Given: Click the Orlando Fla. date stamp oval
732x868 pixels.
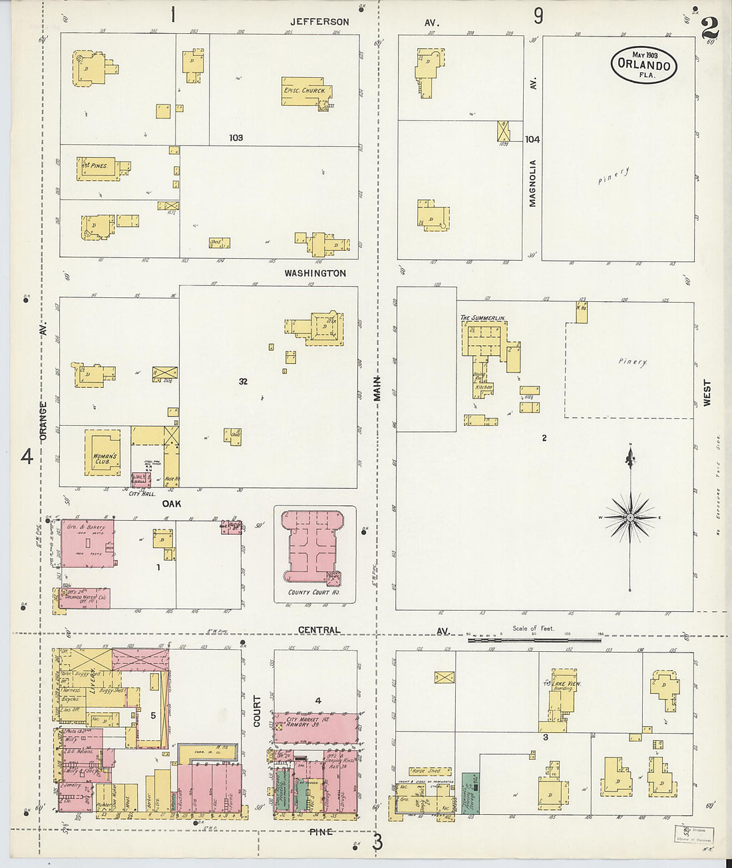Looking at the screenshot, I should pyautogui.click(x=643, y=65).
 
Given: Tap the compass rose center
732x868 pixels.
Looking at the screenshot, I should pyautogui.click(x=630, y=517).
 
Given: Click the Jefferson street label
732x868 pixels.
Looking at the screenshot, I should pyautogui.click(x=319, y=22).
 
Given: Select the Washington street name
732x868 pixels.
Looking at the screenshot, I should pyautogui.click(x=315, y=273).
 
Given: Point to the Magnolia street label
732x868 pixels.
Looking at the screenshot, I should pyautogui.click(x=532, y=183).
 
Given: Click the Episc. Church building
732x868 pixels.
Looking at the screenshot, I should pyautogui.click(x=306, y=91).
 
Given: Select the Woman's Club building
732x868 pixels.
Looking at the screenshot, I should pyautogui.click(x=103, y=453).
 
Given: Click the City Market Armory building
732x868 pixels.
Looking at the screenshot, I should pyautogui.click(x=315, y=727).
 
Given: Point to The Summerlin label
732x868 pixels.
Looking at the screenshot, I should pyautogui.click(x=482, y=318).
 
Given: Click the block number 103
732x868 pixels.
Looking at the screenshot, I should pyautogui.click(x=236, y=138).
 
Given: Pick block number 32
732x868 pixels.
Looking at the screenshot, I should pyautogui.click(x=243, y=381).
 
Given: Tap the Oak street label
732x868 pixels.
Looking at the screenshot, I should pyautogui.click(x=172, y=504).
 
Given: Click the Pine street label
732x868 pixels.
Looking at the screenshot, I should pyautogui.click(x=320, y=831).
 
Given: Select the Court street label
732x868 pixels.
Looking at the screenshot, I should pyautogui.click(x=257, y=711).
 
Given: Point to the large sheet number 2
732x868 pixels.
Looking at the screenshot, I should pyautogui.click(x=709, y=28).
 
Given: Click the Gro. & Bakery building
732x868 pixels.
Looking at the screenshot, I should pyautogui.click(x=88, y=543).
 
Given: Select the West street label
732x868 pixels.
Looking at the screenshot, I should pyautogui.click(x=707, y=392).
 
